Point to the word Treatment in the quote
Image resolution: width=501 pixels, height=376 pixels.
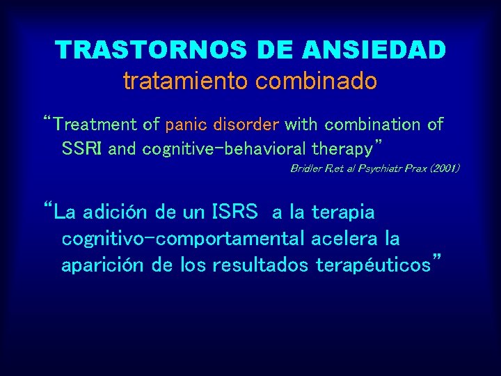click(96, 125)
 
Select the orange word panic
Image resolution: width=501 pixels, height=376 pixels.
click(187, 125)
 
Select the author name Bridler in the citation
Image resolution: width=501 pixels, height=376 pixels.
click(305, 169)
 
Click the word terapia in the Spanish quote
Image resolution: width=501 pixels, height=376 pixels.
click(343, 212)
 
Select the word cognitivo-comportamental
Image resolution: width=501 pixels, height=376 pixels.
click(183, 239)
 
